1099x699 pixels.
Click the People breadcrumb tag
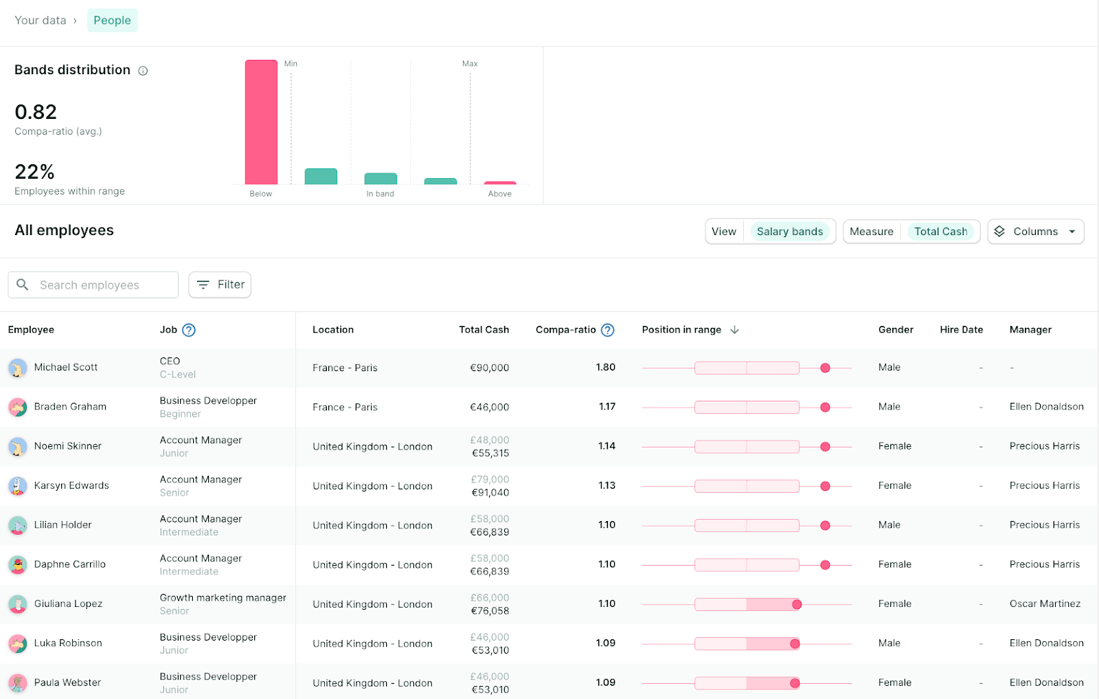[112, 21]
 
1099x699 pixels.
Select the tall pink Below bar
[261, 122]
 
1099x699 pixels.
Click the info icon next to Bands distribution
[143, 71]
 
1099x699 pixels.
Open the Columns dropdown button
[1035, 232]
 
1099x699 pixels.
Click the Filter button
[220, 285]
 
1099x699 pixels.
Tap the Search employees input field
[93, 285]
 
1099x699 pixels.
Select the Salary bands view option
[789, 232]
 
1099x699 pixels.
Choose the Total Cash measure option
[940, 232]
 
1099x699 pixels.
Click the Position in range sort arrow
[734, 330]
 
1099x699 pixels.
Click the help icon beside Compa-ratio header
[607, 330]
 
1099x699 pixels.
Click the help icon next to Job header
[189, 330]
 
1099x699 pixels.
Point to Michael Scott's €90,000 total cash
[489, 368]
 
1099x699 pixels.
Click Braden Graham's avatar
[17, 407]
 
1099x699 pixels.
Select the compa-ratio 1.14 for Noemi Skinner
[607, 446]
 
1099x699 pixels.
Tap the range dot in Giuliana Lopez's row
[797, 604]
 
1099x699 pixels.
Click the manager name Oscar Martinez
[1045, 603]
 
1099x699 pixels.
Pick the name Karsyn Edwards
[71, 485]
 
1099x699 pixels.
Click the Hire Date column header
[961, 330]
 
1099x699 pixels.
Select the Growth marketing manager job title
[223, 598]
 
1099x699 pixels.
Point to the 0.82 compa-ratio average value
[36, 112]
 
